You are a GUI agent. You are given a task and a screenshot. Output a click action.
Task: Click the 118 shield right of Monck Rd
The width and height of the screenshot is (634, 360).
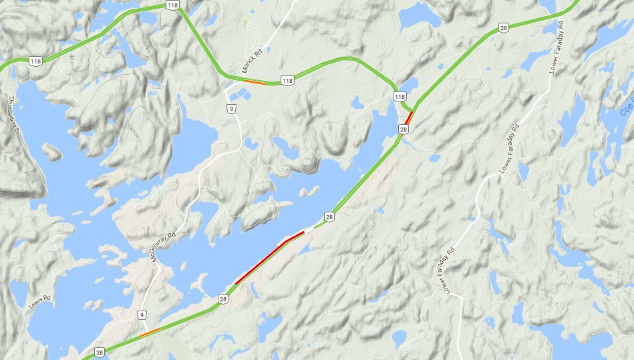[287, 81]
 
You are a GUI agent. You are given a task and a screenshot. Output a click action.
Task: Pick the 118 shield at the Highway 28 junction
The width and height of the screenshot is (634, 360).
[400, 97]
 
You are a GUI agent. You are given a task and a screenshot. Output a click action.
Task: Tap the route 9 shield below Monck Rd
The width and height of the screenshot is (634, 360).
[230, 109]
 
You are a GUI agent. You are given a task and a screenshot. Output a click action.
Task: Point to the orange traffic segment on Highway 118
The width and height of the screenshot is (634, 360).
[254, 82]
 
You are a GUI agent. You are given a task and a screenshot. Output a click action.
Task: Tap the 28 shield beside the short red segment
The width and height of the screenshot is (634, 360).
[404, 128]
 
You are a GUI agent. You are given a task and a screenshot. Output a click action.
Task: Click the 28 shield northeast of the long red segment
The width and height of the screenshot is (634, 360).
[329, 216]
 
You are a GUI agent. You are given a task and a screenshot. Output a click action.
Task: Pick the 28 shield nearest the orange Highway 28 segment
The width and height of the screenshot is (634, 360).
[99, 351]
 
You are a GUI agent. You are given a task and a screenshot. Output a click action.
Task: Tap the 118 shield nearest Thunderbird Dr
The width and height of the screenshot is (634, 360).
[37, 61]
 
